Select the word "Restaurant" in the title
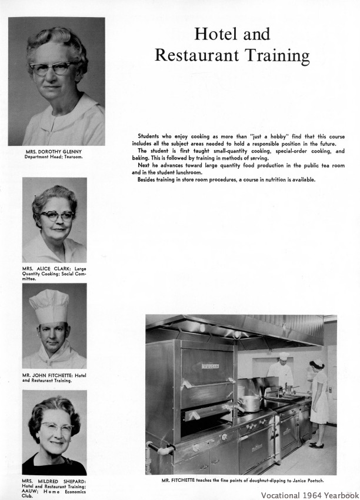point(194,56)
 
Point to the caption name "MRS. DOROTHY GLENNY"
point(56,152)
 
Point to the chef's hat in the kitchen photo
point(284,356)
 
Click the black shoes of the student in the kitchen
point(317,444)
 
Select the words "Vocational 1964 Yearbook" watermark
point(309,495)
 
